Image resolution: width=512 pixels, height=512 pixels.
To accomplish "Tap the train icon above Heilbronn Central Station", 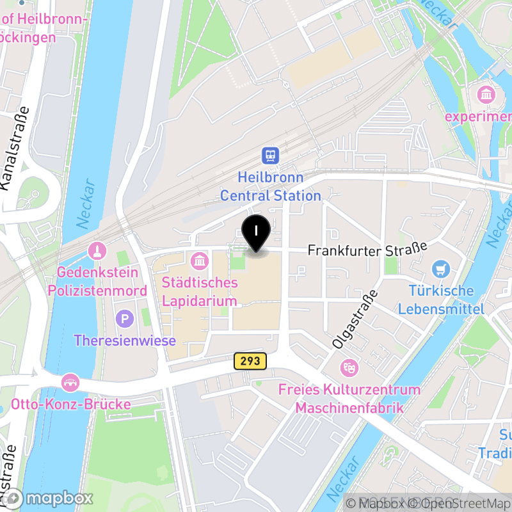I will [270, 155].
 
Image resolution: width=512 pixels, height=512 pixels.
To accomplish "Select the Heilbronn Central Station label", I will [270, 186].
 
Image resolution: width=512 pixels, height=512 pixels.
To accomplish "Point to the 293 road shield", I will [250, 361].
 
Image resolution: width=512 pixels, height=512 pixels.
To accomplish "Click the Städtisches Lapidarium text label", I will [200, 291].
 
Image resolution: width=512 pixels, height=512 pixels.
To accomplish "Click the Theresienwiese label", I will [125, 340].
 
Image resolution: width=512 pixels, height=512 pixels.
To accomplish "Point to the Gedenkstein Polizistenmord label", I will [97, 282].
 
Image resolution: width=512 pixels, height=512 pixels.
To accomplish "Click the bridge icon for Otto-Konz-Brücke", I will [70, 383].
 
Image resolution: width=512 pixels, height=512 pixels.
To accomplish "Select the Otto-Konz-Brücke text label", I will [71, 404].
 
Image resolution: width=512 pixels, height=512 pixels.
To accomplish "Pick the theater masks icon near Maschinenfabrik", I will [349, 367].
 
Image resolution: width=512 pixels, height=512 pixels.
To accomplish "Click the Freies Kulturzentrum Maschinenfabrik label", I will [349, 398].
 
